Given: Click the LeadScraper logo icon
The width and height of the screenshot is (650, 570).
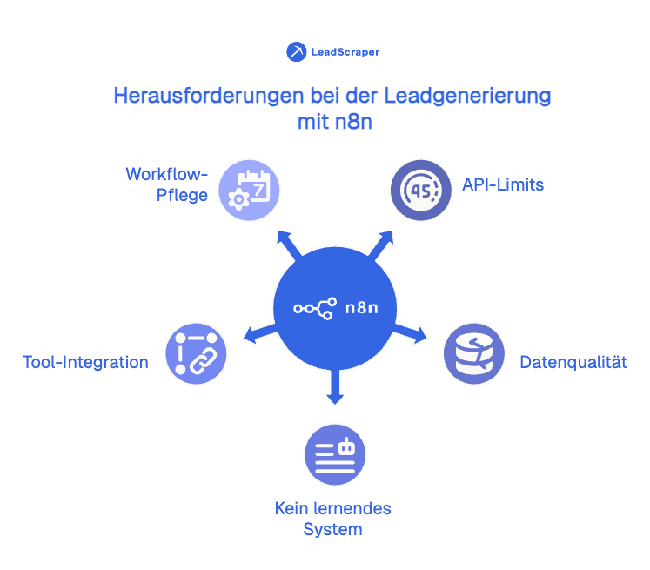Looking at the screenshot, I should [297, 51].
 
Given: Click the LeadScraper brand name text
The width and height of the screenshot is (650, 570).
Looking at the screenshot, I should [345, 52].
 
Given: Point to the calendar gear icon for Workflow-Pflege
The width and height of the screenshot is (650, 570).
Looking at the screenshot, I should [248, 190].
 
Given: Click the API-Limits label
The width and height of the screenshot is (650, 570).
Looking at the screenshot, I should [504, 184].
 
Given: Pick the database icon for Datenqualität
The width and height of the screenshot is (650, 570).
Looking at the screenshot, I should [473, 353].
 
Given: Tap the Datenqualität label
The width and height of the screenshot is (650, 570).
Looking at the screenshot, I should [573, 361].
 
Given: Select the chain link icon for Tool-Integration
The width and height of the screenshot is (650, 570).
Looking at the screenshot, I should [196, 353].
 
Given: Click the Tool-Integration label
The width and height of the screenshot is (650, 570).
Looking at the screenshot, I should [85, 362].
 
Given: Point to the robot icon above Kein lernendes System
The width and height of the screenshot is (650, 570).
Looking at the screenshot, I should [334, 455].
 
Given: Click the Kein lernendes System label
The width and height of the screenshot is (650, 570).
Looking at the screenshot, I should [333, 519].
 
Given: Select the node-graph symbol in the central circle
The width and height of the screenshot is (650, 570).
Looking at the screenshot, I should [315, 307].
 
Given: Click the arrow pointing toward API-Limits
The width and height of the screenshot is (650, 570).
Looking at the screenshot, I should [381, 244].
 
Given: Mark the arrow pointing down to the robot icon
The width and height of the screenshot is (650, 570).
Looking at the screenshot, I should [335, 388].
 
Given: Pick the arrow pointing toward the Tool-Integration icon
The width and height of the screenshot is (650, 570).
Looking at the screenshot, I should [258, 332].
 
